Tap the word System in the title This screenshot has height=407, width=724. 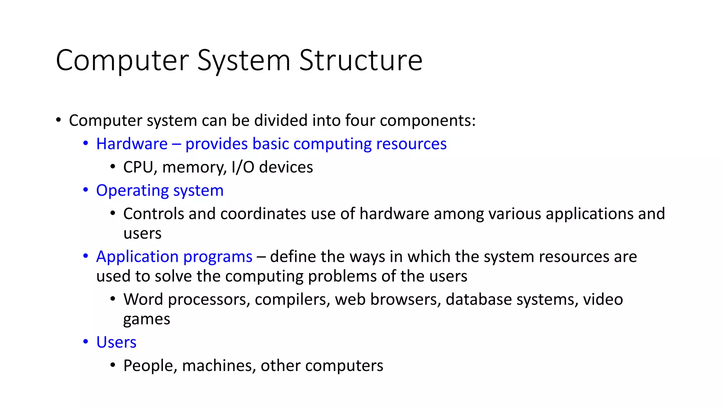pyautogui.click(x=244, y=60)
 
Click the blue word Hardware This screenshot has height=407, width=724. pyautogui.click(x=132, y=144)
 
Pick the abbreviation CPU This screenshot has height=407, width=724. pyautogui.click(x=140, y=167)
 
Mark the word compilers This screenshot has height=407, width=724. pyautogui.click(x=292, y=300)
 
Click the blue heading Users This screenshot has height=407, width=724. pyautogui.click(x=116, y=342)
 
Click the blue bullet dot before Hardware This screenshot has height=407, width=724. pyautogui.click(x=86, y=143)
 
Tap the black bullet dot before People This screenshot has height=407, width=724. pyautogui.click(x=113, y=365)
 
